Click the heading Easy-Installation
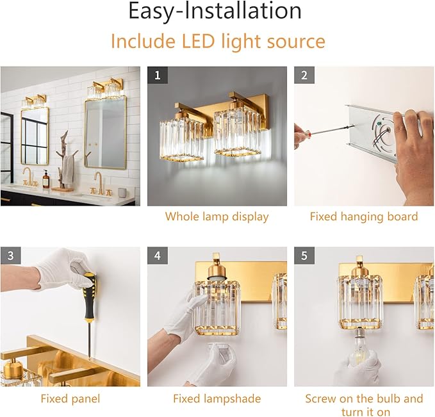pos(215,12)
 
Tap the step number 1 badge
pos(158,76)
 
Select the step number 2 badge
pos(304,76)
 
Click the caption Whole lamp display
pos(217,217)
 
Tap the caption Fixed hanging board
pos(363,217)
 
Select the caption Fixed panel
pos(70,399)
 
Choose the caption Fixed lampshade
pos(217,399)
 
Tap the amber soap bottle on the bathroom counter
pos(46,180)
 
